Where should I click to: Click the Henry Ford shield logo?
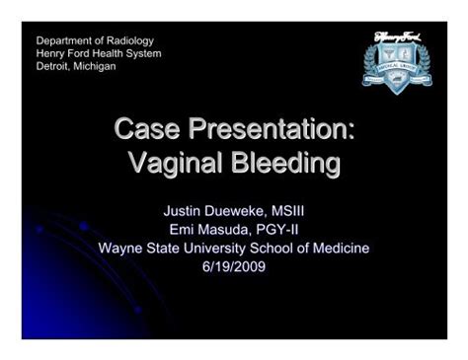coord(397,61)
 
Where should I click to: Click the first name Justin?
coord(183,210)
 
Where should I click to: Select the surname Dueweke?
coord(240,210)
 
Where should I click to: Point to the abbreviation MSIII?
coord(296,210)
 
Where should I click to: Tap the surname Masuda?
coord(228,229)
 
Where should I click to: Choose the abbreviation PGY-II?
coord(284,229)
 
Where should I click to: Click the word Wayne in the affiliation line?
coord(120,248)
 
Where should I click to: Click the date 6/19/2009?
coord(234,266)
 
